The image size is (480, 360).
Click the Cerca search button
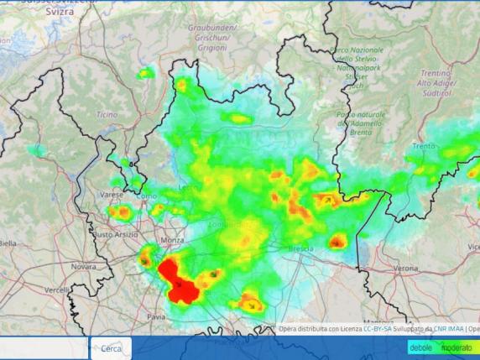coord(110,348)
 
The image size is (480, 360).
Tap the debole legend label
coord(421,347)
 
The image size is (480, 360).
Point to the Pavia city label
coord(157,317)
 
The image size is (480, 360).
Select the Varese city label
coord(112,195)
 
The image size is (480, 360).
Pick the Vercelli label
coord(57,290)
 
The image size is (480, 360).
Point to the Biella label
coord(7,243)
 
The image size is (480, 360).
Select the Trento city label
coord(424,146)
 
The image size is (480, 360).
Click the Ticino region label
coord(107,114)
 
